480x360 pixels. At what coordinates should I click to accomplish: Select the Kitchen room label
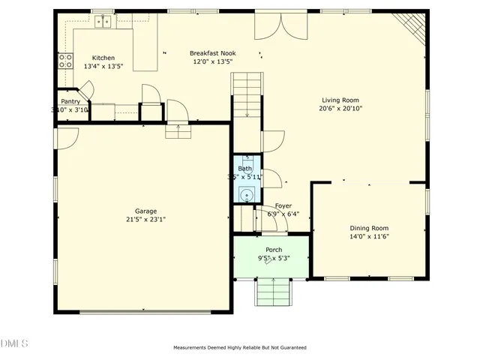103,58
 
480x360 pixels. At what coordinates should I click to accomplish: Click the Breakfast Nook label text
214,53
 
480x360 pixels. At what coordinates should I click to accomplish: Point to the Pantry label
70,101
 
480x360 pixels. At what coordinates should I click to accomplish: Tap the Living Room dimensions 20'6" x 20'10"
340,107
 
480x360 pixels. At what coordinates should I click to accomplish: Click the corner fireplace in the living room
412,28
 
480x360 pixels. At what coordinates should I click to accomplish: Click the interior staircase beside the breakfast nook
247,94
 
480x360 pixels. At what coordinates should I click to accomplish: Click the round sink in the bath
244,195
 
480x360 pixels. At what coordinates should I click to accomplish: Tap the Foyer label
283,205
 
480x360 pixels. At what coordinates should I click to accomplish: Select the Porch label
273,250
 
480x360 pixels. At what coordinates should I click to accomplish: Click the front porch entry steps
272,292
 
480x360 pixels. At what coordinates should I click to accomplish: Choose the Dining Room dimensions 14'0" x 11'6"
369,236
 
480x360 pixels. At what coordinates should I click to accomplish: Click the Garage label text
145,211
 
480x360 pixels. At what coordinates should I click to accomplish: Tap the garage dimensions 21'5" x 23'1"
145,220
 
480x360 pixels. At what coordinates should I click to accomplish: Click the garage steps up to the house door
178,131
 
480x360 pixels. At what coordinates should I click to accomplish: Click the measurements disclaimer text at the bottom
239,347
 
